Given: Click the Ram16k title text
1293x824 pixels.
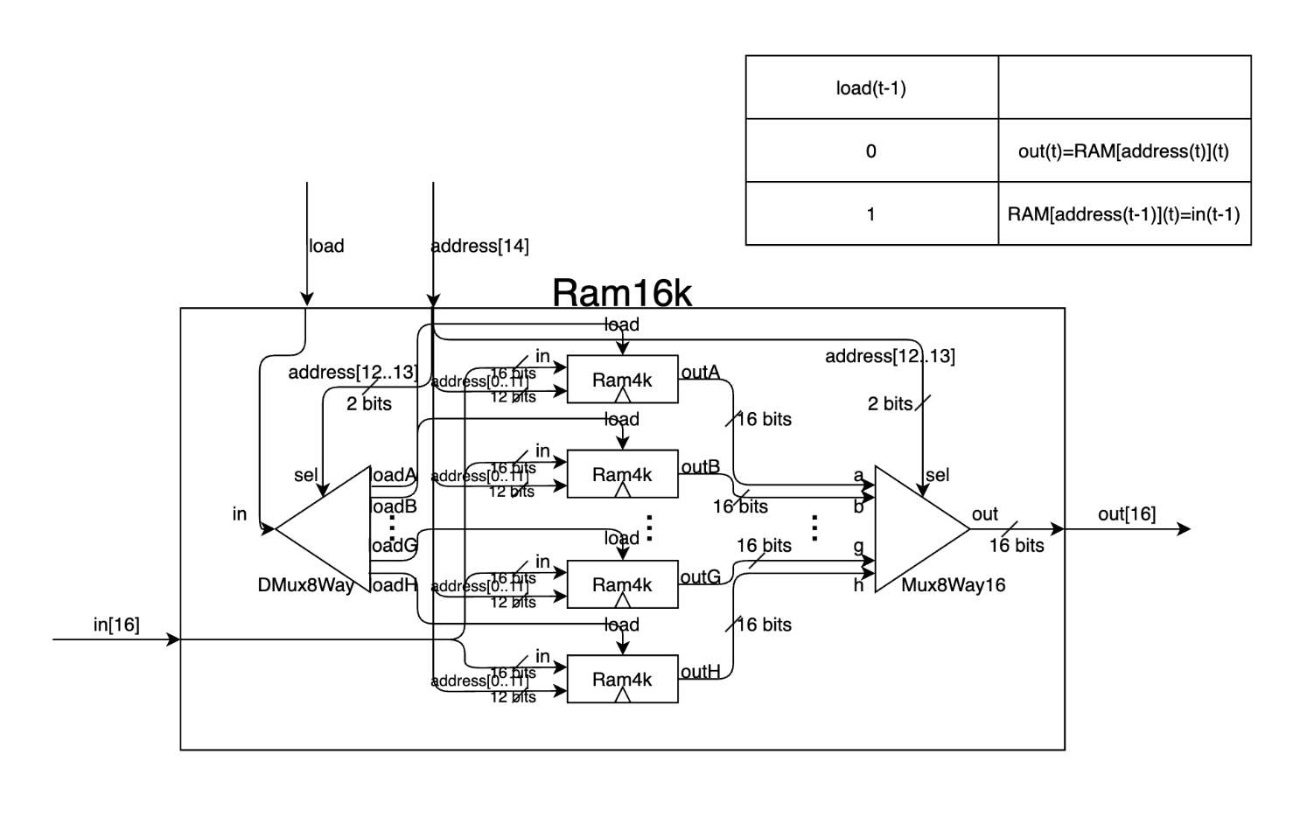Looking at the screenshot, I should [x=621, y=294].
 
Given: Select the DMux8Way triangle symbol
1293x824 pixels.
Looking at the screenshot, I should [x=332, y=528].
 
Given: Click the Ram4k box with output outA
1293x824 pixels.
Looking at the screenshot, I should [x=622, y=379].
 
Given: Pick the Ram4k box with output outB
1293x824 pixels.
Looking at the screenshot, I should [x=622, y=474].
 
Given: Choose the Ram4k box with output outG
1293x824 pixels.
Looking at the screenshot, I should [x=622, y=584].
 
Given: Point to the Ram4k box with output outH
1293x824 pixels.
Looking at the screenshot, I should [x=622, y=679].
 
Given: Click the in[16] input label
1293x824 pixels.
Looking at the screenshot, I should [x=116, y=625].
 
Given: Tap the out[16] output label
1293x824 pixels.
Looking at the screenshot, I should [x=1127, y=514].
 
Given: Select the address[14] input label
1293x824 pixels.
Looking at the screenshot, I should [x=480, y=246].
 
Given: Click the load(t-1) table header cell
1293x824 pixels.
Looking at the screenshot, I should [x=871, y=87].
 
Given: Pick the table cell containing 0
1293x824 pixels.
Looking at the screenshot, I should [x=871, y=150].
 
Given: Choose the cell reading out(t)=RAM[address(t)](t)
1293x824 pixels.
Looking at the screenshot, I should [x=1123, y=150].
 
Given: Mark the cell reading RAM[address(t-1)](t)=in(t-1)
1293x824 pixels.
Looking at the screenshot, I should [x=1123, y=213].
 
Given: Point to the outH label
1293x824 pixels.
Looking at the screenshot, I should [x=701, y=672].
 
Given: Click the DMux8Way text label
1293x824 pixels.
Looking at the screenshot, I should [x=305, y=585].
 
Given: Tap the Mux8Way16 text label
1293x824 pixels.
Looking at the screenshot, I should [x=953, y=585].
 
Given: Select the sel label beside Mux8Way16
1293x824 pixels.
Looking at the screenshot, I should [x=937, y=475].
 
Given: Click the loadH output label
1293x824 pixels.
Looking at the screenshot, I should [x=395, y=585].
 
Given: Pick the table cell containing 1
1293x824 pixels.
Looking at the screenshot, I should [x=871, y=213].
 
